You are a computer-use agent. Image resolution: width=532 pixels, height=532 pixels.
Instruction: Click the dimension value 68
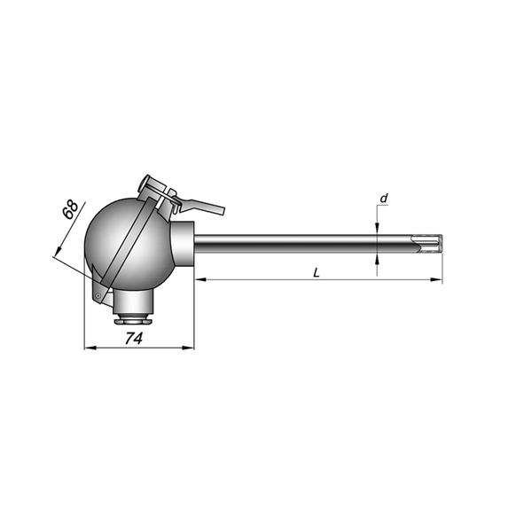coord(70,210)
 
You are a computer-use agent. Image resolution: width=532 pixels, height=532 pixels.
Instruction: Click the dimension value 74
coord(134,338)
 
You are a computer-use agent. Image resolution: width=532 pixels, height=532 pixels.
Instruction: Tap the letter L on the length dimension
coord(317,272)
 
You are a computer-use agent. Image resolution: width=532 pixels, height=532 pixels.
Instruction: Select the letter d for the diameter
coord(383,199)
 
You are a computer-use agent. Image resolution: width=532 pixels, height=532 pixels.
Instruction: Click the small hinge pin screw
coord(98,295)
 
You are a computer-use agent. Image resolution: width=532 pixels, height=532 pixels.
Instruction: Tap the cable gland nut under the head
coord(133,320)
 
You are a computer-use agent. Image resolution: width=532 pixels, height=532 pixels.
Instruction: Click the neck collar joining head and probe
coord(183,244)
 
